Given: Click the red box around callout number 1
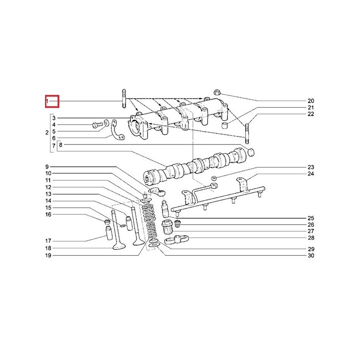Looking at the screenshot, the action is tap(52, 101).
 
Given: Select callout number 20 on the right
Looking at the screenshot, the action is tap(310, 101).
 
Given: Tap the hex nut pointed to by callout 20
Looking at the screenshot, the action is tap(216, 92).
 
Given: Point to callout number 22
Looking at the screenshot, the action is tap(310, 114).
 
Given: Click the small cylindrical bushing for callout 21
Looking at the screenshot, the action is tap(224, 126).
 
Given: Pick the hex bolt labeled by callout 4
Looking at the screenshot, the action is tap(97, 125).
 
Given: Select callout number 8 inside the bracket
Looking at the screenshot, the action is tap(61, 145).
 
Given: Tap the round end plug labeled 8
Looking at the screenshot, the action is tap(251, 152).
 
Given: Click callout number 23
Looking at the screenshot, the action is tap(310, 167).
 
